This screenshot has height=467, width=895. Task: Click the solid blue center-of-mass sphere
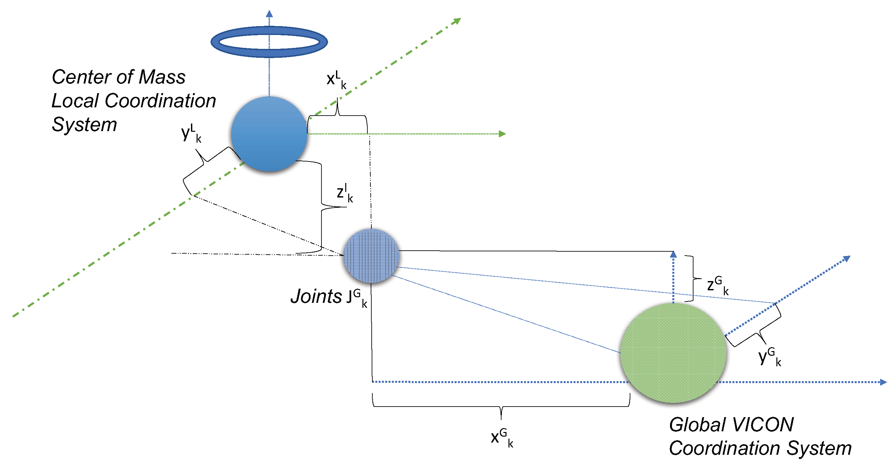click(x=269, y=134)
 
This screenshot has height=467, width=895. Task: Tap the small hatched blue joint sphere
click(x=371, y=256)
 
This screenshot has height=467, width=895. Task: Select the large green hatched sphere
click(x=673, y=352)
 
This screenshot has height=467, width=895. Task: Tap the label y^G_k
click(x=769, y=356)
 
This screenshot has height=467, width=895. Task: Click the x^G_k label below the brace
click(x=502, y=438)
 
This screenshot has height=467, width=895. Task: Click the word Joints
click(x=316, y=297)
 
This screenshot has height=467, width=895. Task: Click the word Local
click(x=75, y=101)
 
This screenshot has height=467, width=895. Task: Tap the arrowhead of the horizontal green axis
click(x=503, y=134)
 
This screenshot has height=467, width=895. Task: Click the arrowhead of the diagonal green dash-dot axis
click(x=458, y=21)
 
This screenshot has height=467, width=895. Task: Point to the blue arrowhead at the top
click(x=269, y=14)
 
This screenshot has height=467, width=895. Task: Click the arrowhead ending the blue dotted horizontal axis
click(x=883, y=382)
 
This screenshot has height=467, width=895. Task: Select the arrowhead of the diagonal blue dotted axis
click(x=847, y=259)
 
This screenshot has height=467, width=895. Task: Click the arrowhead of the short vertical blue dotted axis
click(x=673, y=254)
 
